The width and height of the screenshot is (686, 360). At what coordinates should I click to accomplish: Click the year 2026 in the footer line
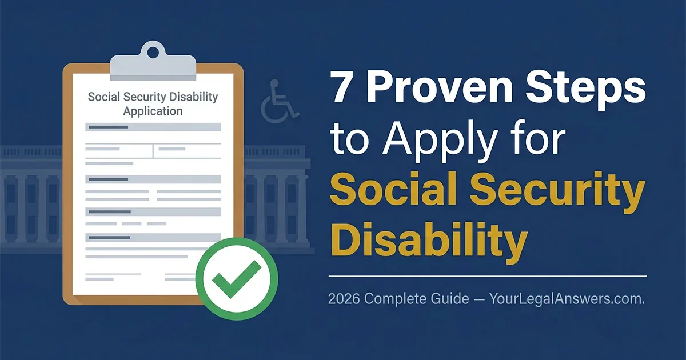click(344, 299)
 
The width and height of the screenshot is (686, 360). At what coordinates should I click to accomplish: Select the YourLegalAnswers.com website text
click(566, 299)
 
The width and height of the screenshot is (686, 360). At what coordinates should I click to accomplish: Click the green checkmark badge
click(236, 279)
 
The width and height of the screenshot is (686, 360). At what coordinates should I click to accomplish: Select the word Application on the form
click(153, 111)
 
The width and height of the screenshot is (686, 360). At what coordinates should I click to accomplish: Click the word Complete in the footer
click(400, 299)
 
